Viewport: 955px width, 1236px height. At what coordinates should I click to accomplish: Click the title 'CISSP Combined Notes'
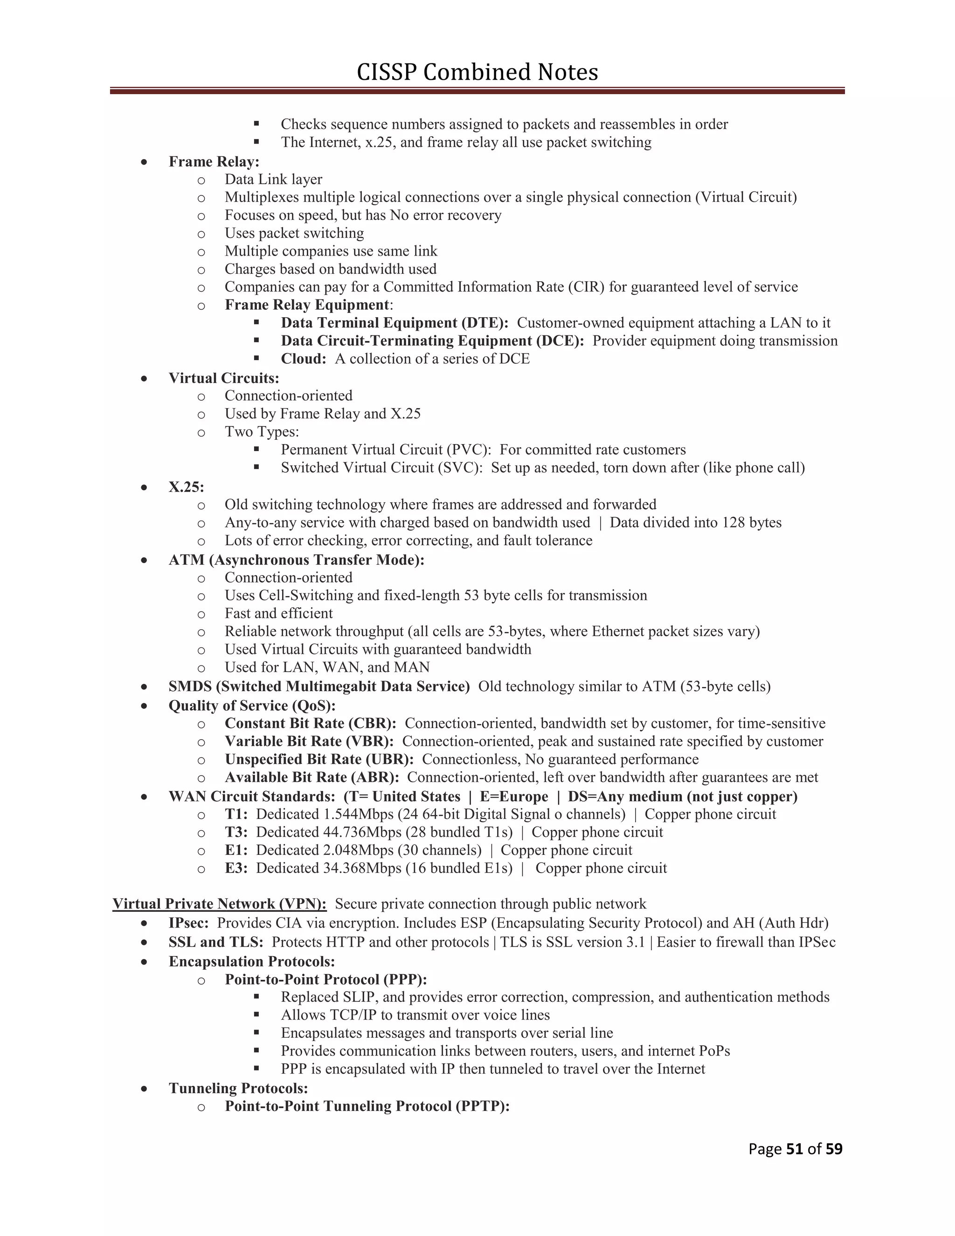tap(477, 72)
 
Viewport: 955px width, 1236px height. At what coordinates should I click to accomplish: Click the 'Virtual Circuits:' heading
tap(224, 378)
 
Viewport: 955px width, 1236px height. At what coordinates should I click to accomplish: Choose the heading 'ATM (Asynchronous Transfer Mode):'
tap(297, 560)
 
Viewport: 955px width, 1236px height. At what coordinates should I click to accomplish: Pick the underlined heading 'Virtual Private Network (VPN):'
tap(220, 904)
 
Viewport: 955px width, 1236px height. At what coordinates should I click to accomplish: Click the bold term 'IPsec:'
tap(188, 923)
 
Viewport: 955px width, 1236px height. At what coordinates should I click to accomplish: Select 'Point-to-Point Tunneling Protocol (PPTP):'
tap(367, 1106)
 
